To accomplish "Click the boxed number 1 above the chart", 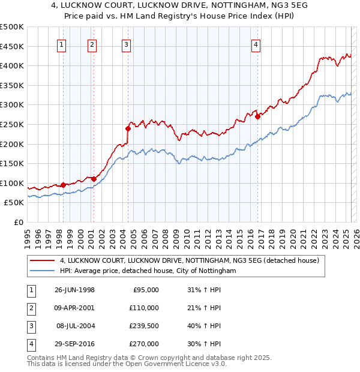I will [62, 43].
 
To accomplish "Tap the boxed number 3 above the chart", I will [126, 43].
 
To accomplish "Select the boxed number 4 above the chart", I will [256, 43].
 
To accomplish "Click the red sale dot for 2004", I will [128, 128].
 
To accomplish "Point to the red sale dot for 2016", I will [257, 116].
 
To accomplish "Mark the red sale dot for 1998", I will [64, 185].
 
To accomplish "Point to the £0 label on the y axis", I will [17, 222].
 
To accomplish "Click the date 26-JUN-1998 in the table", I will [74, 290].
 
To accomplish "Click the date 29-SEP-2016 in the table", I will [74, 344].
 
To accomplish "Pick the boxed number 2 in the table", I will [30, 308].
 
